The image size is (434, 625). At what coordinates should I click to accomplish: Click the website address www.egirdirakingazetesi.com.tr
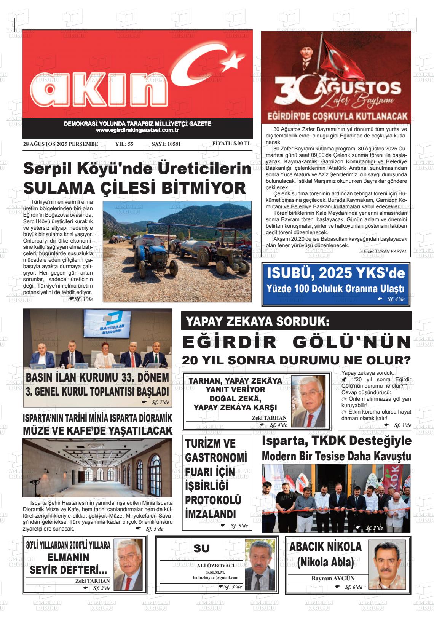click(137, 130)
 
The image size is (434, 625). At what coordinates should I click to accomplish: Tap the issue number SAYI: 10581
click(166, 144)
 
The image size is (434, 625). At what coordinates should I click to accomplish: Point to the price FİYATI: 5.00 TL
click(231, 144)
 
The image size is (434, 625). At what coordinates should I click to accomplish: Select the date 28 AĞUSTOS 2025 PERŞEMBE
click(61, 144)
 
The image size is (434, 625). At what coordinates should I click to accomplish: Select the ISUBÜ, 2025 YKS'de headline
click(336, 273)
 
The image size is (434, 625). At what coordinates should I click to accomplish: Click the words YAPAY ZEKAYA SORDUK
click(257, 321)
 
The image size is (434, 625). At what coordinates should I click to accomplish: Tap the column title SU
click(201, 548)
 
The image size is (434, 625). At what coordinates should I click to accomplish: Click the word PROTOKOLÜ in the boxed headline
click(213, 500)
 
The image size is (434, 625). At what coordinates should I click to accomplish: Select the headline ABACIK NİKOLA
click(325, 547)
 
